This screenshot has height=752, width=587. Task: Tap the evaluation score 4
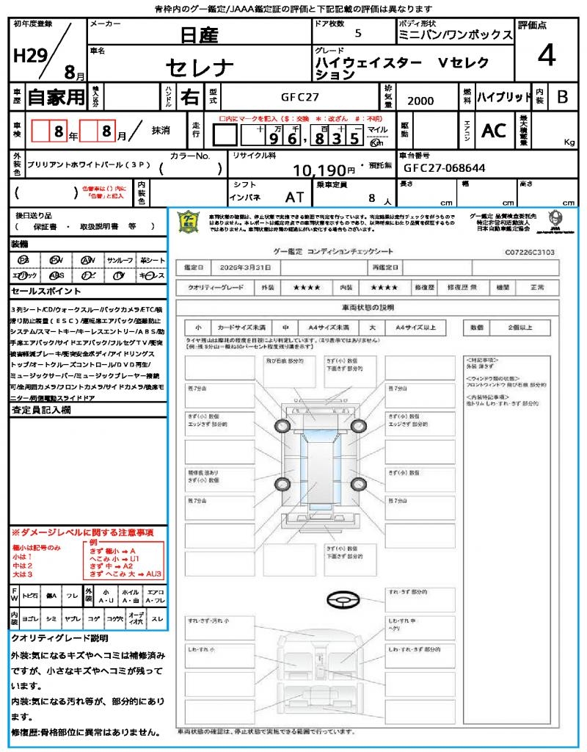(x=545, y=56)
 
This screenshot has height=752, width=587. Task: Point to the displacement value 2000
(x=420, y=101)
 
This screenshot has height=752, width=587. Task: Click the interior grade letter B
(x=561, y=97)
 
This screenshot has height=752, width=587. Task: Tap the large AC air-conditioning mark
(x=494, y=131)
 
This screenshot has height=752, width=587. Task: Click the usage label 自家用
(x=56, y=97)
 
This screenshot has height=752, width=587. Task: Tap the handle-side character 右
(x=189, y=97)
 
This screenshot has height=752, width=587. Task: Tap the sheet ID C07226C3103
(x=529, y=251)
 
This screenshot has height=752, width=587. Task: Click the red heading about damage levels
(x=82, y=532)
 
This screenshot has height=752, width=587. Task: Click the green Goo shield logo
(x=189, y=223)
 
